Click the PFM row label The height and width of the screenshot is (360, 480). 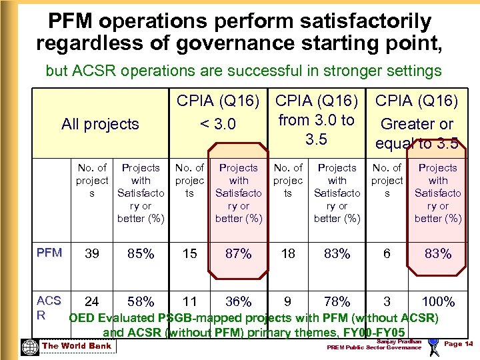click(x=50, y=253)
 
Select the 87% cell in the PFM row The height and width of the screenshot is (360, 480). click(x=238, y=253)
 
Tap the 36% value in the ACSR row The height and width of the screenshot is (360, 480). click(x=238, y=301)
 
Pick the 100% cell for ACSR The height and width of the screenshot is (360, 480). click(x=438, y=301)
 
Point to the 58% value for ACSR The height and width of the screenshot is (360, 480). click(x=141, y=301)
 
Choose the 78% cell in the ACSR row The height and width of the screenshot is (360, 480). click(x=337, y=301)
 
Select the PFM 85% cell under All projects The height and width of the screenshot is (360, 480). click(x=141, y=253)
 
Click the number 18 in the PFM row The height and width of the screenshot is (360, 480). click(x=288, y=253)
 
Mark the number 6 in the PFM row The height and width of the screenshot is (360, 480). click(x=387, y=253)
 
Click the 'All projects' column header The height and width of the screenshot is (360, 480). click(x=100, y=123)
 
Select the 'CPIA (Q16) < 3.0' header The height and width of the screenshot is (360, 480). click(x=217, y=113)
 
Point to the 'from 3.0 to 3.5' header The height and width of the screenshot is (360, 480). click(x=316, y=120)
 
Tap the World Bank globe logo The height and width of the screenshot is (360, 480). click(x=29, y=347)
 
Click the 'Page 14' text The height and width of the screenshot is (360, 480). click(x=458, y=343)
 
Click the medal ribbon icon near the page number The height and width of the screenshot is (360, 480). click(x=433, y=345)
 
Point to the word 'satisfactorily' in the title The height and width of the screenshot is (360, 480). click(x=359, y=21)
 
